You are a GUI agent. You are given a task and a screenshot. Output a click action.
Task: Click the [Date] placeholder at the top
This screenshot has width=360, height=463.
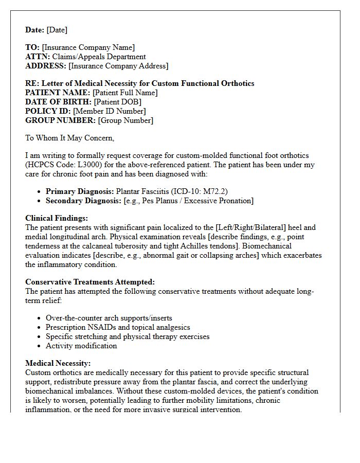click(x=57, y=30)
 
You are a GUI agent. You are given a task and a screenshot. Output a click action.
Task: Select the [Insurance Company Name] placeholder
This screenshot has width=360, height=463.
click(x=88, y=47)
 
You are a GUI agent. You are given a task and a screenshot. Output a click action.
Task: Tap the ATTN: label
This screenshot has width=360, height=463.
click(x=38, y=57)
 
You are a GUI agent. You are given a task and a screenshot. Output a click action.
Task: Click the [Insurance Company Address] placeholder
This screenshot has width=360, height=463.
click(x=118, y=66)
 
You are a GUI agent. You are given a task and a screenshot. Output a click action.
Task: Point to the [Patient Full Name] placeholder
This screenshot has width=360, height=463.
click(x=125, y=93)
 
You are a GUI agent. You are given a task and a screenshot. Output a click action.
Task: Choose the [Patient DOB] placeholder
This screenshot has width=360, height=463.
click(x=117, y=102)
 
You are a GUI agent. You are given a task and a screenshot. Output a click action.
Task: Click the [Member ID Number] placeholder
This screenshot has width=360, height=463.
click(x=110, y=111)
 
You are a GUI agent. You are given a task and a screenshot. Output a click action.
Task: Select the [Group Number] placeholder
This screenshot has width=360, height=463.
click(x=125, y=120)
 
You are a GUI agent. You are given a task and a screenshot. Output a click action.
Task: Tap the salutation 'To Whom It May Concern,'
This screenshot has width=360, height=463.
click(x=70, y=138)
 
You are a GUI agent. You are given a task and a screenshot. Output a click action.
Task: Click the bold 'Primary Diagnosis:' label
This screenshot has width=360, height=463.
click(x=80, y=191)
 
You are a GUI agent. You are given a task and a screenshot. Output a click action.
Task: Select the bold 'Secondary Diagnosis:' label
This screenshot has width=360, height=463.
click(x=84, y=201)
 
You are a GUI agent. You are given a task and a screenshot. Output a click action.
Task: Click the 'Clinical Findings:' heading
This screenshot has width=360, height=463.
click(x=57, y=218)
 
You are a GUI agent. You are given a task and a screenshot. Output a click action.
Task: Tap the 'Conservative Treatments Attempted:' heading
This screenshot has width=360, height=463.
click(x=90, y=282)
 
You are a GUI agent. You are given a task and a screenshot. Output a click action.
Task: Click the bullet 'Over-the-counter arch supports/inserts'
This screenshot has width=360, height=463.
click(x=109, y=318)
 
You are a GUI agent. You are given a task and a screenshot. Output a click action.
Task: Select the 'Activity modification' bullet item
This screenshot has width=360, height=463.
click(x=81, y=346)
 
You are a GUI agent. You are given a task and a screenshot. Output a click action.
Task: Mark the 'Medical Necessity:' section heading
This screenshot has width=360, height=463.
click(x=58, y=363)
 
